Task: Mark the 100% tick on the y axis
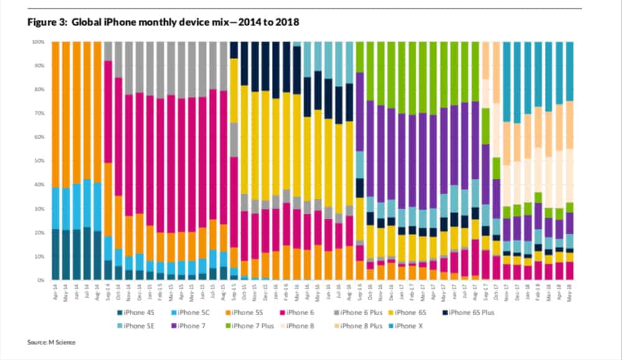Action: point(39,42)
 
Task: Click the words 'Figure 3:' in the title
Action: point(47,23)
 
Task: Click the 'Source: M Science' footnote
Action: point(52,342)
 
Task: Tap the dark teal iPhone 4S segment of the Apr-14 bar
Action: point(56,255)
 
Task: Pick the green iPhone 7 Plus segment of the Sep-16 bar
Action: point(360,57)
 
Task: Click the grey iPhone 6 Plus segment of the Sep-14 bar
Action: point(108,50)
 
